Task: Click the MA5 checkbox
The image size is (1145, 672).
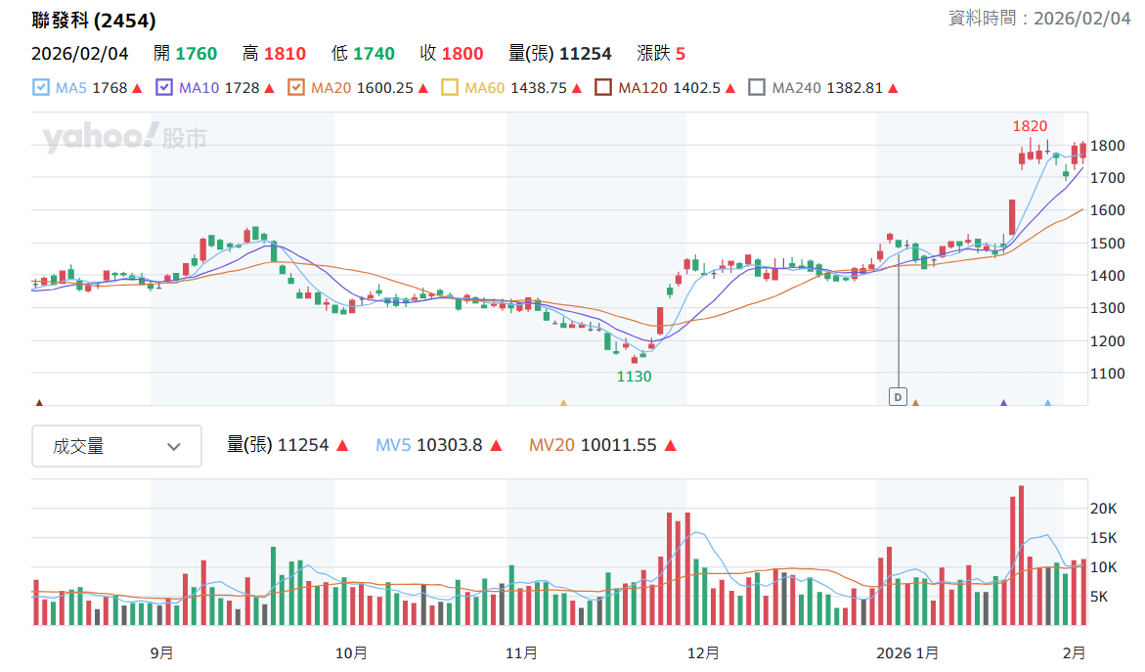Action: (x=41, y=88)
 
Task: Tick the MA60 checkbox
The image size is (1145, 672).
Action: (x=450, y=88)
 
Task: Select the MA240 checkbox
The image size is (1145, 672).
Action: (x=757, y=88)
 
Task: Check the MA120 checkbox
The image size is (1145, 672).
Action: (x=603, y=88)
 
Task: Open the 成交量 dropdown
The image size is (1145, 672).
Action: (x=116, y=446)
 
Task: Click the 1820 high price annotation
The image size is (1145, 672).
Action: (x=1030, y=126)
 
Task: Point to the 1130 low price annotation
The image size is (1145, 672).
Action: (x=634, y=377)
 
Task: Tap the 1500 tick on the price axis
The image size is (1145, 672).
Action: (x=1108, y=244)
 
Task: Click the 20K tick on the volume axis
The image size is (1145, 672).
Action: (x=1103, y=509)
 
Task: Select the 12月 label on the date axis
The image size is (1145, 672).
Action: (x=703, y=653)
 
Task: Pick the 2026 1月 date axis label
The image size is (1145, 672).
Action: (x=907, y=653)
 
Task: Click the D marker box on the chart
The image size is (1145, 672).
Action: (x=898, y=396)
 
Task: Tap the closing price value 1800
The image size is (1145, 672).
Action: (x=462, y=54)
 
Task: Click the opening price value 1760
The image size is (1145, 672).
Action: (x=197, y=54)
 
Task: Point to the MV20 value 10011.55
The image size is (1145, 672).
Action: (x=619, y=445)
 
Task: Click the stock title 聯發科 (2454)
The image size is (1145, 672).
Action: (x=94, y=21)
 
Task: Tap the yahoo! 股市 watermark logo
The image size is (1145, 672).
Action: (x=124, y=137)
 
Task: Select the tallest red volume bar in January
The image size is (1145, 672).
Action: (x=1021, y=556)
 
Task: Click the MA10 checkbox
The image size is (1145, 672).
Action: (x=164, y=88)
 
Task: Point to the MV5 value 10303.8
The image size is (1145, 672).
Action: (x=449, y=445)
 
